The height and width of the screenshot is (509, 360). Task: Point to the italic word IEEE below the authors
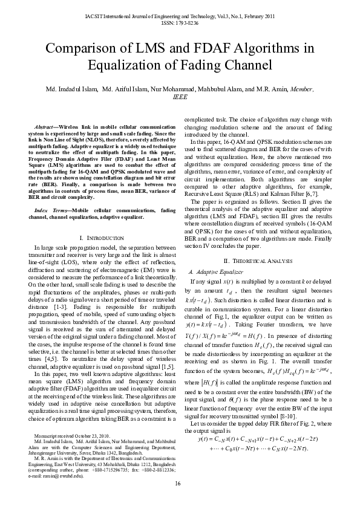coord(180,97)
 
